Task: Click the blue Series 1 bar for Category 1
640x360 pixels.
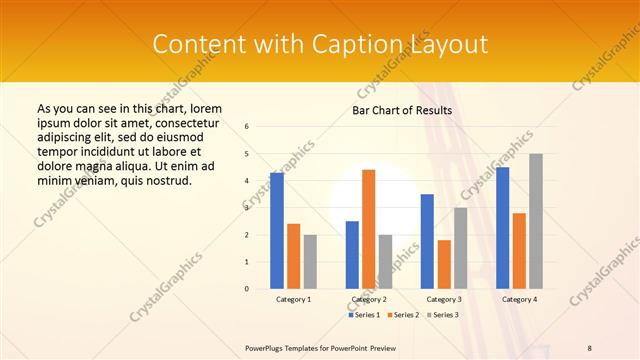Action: pyautogui.click(x=277, y=231)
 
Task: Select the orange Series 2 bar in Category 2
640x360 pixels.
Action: pyautogui.click(x=368, y=229)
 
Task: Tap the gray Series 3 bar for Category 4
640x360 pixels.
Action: pyautogui.click(x=536, y=221)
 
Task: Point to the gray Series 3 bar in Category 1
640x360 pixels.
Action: pyautogui.click(x=310, y=262)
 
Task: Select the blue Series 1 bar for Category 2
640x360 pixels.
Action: pyautogui.click(x=352, y=255)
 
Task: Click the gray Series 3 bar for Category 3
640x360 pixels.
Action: pyautogui.click(x=460, y=248)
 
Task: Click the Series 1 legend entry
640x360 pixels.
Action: pyautogui.click(x=364, y=315)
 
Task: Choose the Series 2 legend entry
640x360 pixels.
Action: pyautogui.click(x=402, y=315)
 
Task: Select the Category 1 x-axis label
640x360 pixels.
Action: pyautogui.click(x=293, y=300)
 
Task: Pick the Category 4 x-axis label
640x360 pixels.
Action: pyautogui.click(x=518, y=300)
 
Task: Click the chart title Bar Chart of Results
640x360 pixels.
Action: pyautogui.click(x=403, y=110)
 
